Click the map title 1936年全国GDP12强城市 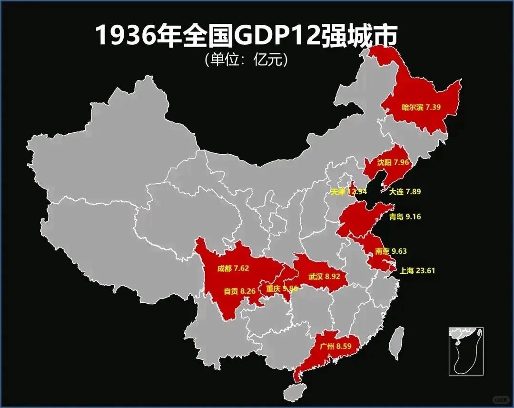pyautogui.click(x=247, y=36)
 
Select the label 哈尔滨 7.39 pyautogui.click(x=421, y=107)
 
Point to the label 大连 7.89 pyautogui.click(x=405, y=192)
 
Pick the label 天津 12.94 pyautogui.click(x=349, y=192)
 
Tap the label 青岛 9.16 pyautogui.click(x=405, y=217)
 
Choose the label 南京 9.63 pyautogui.click(x=391, y=251)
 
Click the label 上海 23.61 pyautogui.click(x=417, y=271)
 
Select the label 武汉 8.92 pyautogui.click(x=325, y=276)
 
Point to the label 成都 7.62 pyautogui.click(x=233, y=269)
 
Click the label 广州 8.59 pyautogui.click(x=336, y=346)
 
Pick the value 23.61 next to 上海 pyautogui.click(x=425, y=271)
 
